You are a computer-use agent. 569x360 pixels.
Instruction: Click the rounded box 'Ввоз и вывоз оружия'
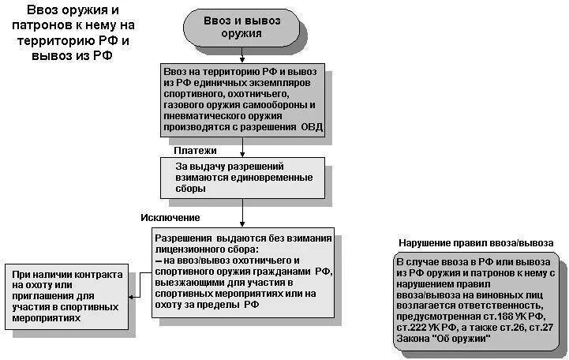[241, 28]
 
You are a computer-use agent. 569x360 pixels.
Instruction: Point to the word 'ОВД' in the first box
[311, 127]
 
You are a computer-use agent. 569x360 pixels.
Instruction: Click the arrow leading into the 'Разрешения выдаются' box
[241, 219]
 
